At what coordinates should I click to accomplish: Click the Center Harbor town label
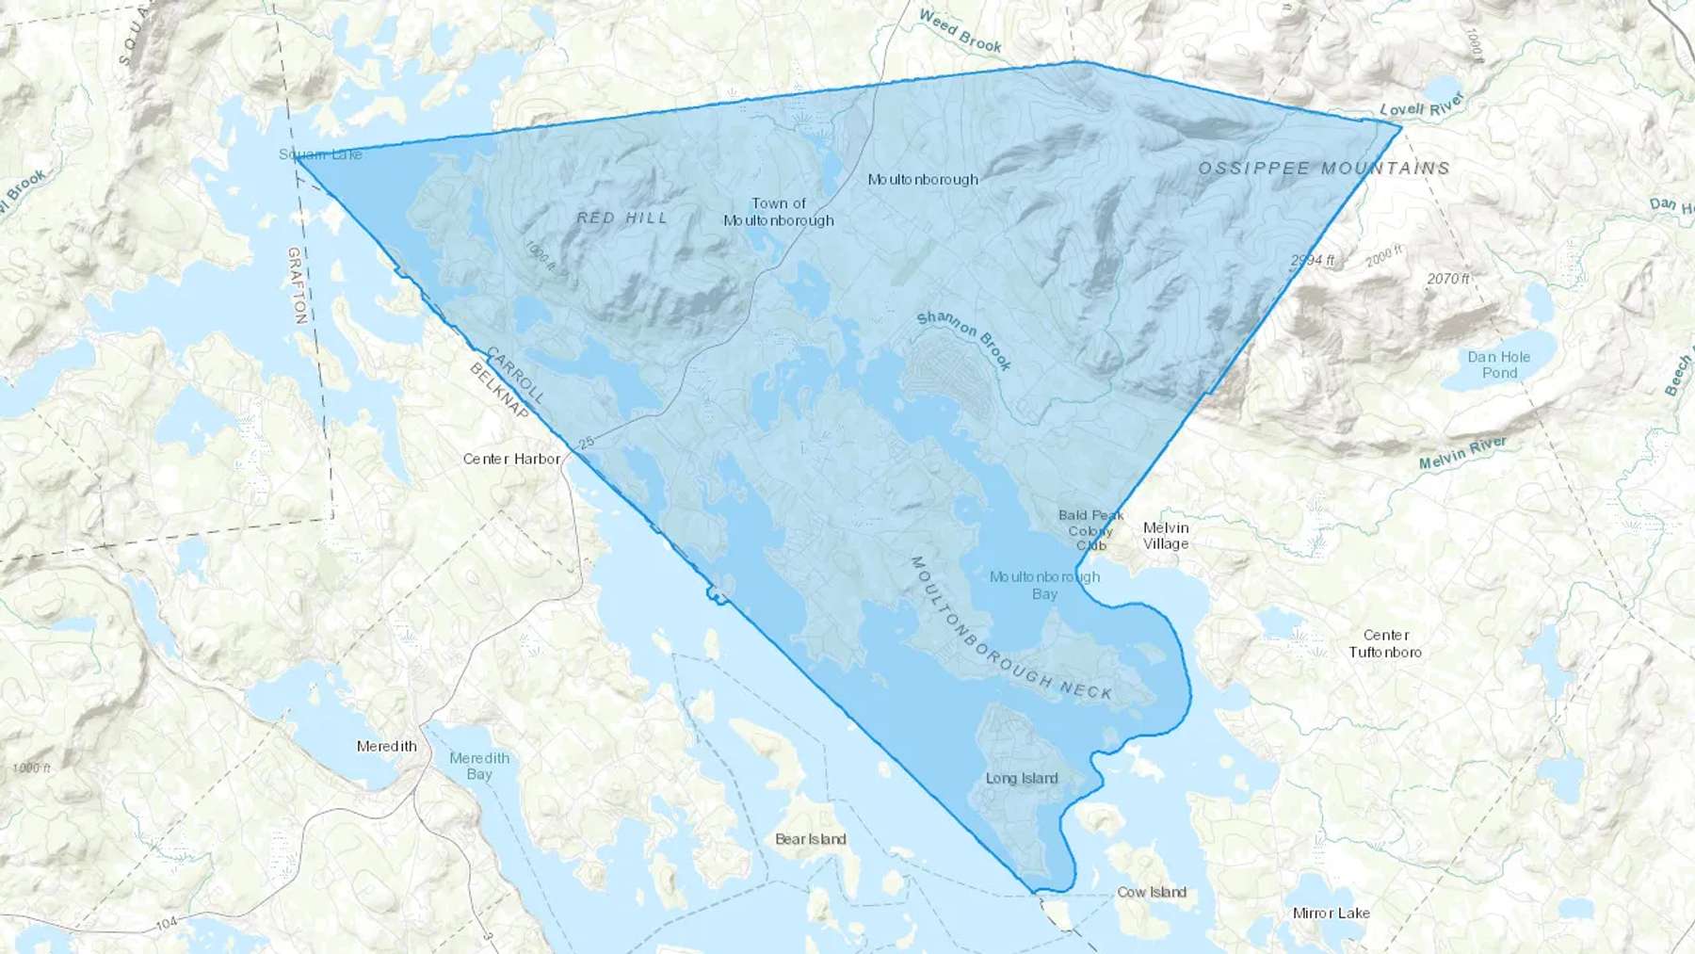pos(511,459)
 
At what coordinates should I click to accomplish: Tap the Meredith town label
pos(386,746)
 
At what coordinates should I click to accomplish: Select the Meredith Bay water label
pos(479,766)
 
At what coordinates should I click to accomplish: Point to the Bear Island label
pos(810,839)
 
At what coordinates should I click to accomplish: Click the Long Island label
pos(1022,778)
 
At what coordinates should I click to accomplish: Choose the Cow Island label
pos(1151,892)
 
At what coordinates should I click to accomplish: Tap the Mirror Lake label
pos(1331,913)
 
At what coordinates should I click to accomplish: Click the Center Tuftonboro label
pos(1385,643)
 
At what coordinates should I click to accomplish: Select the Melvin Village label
pos(1166,535)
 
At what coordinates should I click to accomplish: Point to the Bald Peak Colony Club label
pos(1090,530)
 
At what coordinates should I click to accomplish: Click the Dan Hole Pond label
pos(1498,364)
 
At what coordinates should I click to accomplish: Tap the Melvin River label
pos(1462,453)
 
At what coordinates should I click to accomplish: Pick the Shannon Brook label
pos(963,340)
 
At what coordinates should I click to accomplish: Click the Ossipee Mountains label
pos(1323,169)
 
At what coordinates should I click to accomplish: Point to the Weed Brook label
pos(960,30)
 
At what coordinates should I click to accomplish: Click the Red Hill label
pos(621,218)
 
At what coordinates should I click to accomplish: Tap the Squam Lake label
pos(320,154)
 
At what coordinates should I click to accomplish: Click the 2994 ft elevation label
pos(1312,261)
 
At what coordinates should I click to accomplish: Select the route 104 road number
pos(167,924)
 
